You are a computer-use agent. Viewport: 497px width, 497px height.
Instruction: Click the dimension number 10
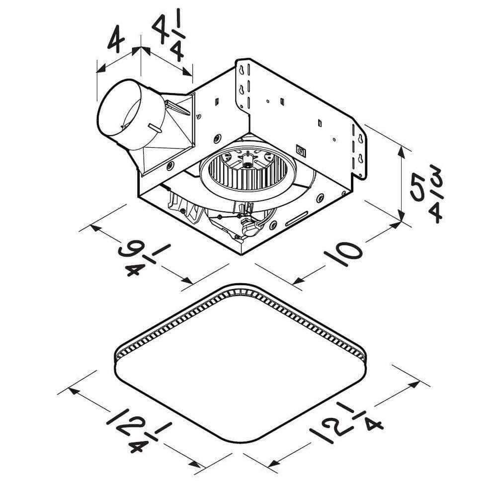pyautogui.click(x=343, y=254)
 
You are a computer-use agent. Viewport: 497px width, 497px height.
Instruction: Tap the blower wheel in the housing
pyautogui.click(x=248, y=169)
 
